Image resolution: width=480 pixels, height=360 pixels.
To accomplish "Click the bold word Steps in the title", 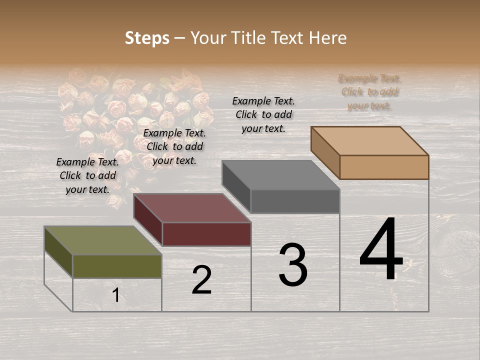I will [x=147, y=38].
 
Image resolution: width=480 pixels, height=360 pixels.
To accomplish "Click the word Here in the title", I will [x=328, y=38].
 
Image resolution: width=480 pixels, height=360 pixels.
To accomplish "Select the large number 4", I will [x=381, y=250].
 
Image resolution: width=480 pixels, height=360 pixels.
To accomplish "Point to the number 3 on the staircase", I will [x=293, y=265].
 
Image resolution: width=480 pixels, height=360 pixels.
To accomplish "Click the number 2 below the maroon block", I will [x=201, y=280].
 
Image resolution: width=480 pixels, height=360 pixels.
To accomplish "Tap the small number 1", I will [x=116, y=295].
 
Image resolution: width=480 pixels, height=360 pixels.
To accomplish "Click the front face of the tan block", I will [x=384, y=167].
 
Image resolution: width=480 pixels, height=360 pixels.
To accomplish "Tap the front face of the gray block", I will [x=295, y=201].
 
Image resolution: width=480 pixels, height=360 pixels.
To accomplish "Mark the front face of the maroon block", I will [x=206, y=234].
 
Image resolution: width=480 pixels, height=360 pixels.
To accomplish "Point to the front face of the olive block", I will [x=117, y=266].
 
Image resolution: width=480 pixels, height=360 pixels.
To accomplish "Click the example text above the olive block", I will [x=87, y=175].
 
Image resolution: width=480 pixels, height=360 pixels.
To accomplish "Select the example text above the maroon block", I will [x=174, y=146].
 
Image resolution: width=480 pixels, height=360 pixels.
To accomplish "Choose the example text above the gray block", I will [x=263, y=114].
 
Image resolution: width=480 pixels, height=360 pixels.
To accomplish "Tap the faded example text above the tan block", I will [x=369, y=92].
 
